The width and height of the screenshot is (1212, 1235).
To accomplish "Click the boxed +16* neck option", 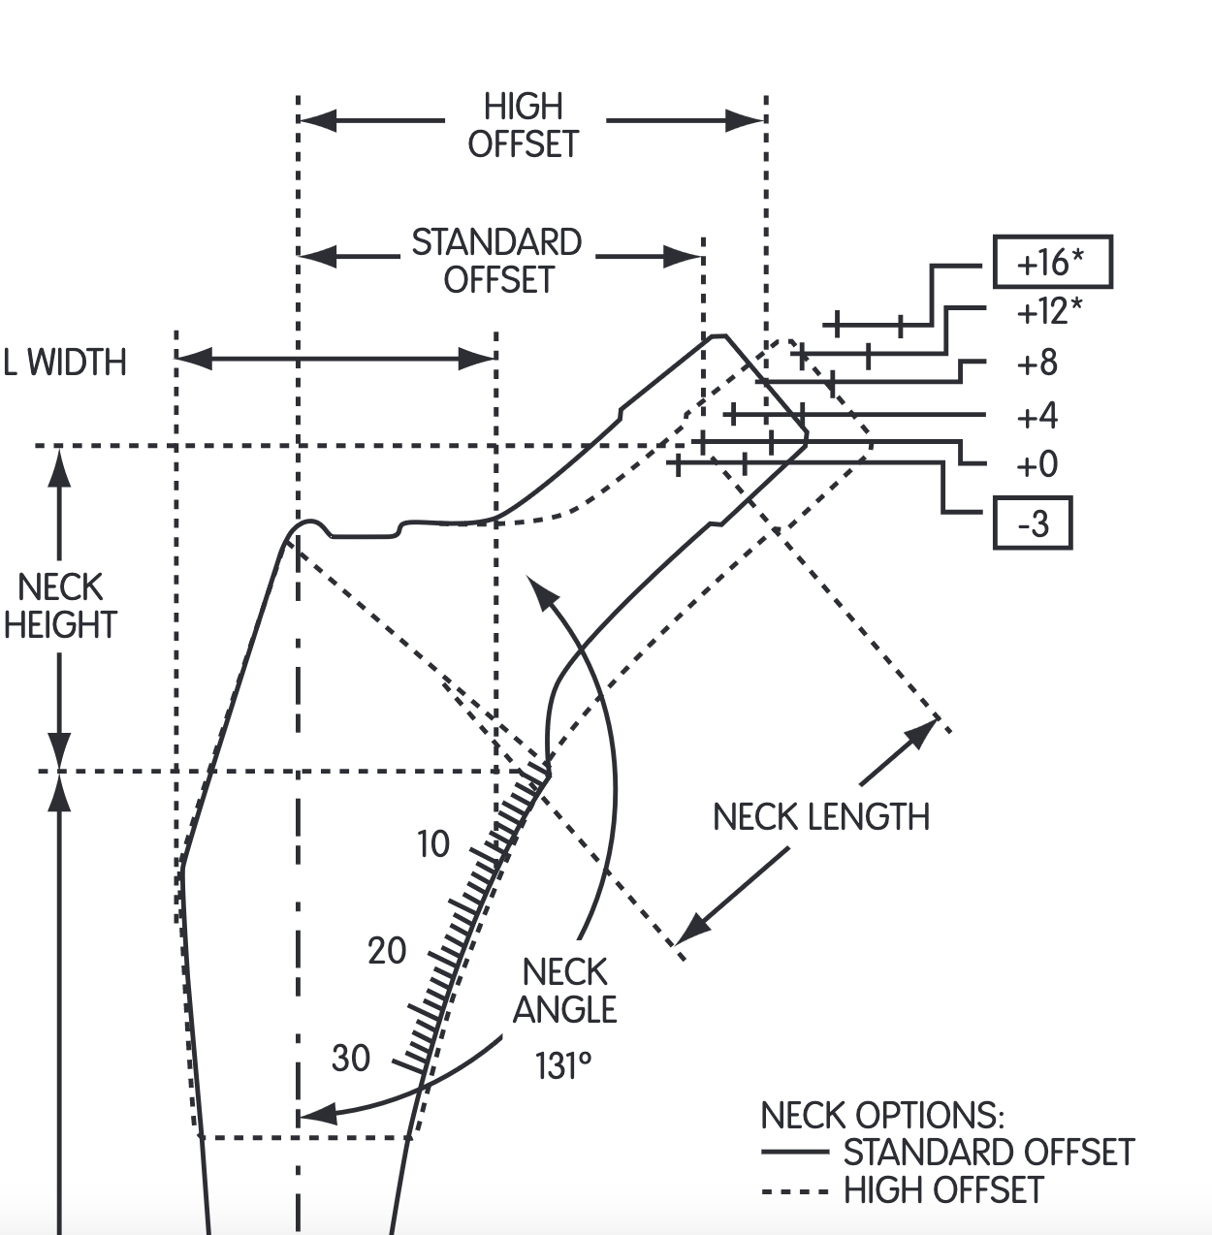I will pos(1052,262).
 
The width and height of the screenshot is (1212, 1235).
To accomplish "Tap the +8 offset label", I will pos(1037,364).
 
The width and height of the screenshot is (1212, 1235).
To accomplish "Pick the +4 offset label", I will pos(1037,416).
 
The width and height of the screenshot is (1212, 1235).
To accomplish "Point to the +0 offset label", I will pos(1037,465).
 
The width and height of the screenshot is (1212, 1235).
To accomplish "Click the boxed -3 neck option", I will pos(1033,523).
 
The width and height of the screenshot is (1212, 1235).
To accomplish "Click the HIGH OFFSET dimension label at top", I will pos(524,125).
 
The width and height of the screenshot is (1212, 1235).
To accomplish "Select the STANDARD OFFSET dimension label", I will pos(496,260).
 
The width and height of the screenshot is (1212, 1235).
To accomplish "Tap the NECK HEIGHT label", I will pos(60,606).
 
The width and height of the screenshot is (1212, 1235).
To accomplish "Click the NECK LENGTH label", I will pos(820,817).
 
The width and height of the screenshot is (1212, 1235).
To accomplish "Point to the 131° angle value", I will pos(562,1066).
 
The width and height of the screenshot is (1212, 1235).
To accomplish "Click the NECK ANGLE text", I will pos(564,991).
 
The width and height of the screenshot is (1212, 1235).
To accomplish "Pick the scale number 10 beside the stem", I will pos(433,844).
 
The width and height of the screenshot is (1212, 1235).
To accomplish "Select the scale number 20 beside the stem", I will pos(387,951).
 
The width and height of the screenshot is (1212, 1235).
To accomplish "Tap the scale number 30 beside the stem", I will pos(351,1058).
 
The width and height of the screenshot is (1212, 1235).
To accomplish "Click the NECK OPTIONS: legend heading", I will pos(881,1115).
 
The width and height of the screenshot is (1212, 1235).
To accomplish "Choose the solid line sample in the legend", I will pos(794,1153).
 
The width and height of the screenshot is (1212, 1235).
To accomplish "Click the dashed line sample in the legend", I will pos(794,1190).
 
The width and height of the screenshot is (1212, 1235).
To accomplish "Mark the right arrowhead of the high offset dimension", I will pos(747,120).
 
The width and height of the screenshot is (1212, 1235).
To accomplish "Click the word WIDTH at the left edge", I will pos(77,363).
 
